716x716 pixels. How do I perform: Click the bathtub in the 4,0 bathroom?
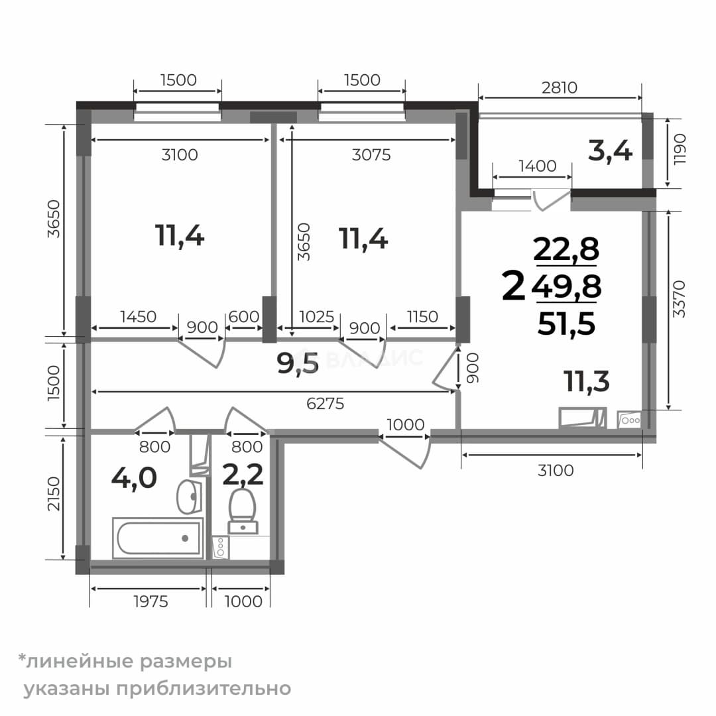(158, 538)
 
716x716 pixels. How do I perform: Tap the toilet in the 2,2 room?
(243, 511)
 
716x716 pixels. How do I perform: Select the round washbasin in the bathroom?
(189, 497)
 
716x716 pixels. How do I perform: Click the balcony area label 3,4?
(610, 151)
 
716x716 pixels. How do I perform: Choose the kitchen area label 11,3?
(586, 381)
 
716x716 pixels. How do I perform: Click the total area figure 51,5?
(566, 324)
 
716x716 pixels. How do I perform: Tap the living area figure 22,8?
(566, 249)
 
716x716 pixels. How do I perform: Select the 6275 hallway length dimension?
(325, 404)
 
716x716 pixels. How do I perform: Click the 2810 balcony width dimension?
(560, 88)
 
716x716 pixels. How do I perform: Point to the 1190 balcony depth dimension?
(680, 149)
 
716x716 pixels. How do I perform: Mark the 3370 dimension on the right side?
(679, 299)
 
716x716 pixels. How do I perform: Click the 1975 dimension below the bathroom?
(150, 601)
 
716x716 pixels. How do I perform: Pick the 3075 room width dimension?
(371, 154)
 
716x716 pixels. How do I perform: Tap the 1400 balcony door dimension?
(538, 166)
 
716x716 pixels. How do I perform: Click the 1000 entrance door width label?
(406, 425)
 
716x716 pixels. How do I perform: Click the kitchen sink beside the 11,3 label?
(583, 418)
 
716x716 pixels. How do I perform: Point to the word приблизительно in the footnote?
(204, 688)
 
